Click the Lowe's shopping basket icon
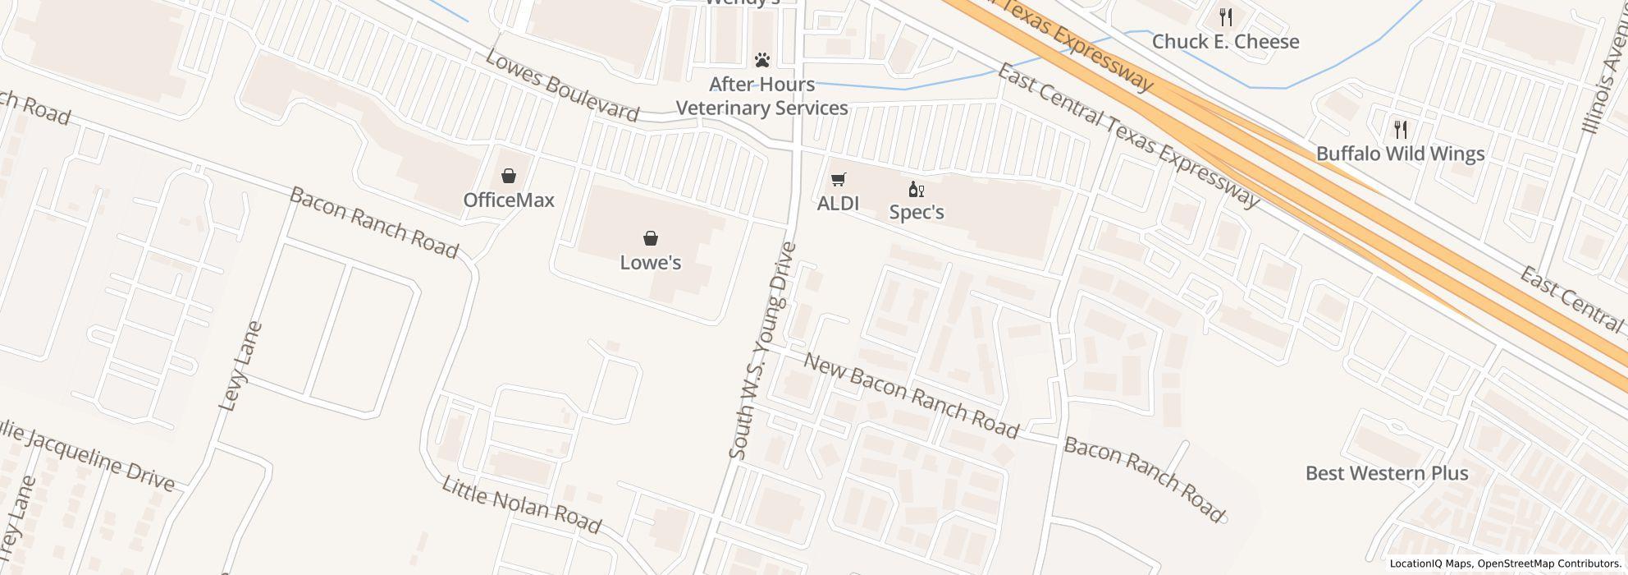650,239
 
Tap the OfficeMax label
509,200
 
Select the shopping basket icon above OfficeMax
509,176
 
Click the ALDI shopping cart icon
838,180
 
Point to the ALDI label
838,204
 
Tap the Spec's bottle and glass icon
917,190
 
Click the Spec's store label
917,213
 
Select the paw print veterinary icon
762,60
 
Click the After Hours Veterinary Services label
761,96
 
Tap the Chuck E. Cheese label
1225,42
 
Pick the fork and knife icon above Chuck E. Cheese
1226,16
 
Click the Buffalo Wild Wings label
1400,154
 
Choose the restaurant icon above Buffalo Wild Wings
1401,129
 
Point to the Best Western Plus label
1386,473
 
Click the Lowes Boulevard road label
561,85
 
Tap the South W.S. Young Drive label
762,350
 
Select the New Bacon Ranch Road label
911,395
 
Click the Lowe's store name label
650,263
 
